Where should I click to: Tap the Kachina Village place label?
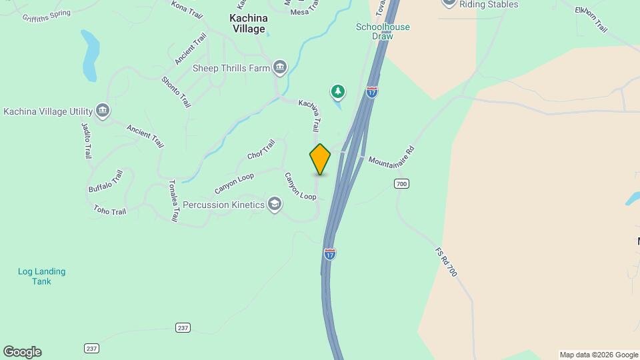[x=247, y=24]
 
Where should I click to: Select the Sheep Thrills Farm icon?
[x=280, y=67]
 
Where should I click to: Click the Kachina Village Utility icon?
[x=103, y=110]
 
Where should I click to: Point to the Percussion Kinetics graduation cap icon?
[x=274, y=204]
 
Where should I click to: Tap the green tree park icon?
[x=339, y=91]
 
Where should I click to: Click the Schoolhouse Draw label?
[x=383, y=31]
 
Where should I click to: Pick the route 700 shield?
[x=401, y=184]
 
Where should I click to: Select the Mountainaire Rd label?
[x=391, y=156]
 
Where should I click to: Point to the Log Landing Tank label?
[x=41, y=277]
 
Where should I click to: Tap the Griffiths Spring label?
[x=46, y=15]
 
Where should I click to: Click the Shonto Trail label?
[x=176, y=92]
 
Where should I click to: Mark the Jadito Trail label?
[x=86, y=139]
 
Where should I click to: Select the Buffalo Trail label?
[x=105, y=181]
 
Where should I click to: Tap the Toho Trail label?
[x=110, y=211]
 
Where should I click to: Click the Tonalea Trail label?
[x=173, y=201]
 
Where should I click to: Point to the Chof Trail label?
[x=261, y=149]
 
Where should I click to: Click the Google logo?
[x=22, y=352]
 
